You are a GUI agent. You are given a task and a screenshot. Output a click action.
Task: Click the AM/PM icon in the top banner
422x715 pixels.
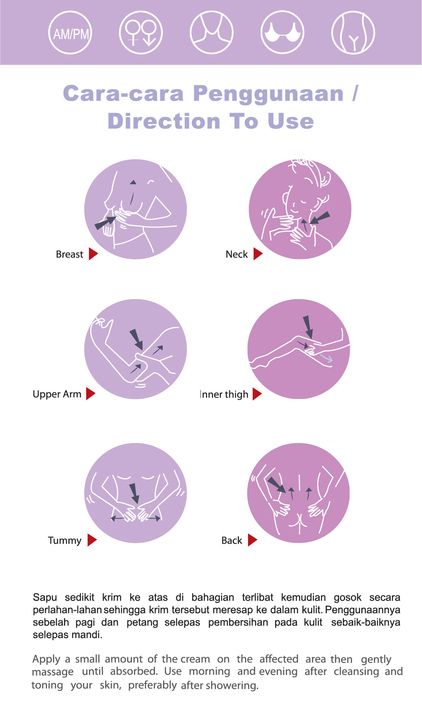70,33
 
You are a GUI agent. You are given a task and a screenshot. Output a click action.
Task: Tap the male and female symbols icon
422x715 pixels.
141,33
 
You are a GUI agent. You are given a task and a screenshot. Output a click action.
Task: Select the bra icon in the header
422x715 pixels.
282,33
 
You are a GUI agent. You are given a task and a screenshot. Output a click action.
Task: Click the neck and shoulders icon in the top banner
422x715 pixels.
212,33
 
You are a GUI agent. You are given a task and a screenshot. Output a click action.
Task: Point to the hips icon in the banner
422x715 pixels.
353,33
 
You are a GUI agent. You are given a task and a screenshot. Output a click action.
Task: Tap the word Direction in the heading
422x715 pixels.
164,121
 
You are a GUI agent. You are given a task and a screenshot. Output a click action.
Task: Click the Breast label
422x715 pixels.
69,254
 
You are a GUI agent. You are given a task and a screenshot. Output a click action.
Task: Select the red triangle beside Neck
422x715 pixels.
258,254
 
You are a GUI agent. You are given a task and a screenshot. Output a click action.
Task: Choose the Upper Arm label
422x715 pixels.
57,394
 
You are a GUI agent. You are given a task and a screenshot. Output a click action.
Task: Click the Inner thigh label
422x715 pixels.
224,394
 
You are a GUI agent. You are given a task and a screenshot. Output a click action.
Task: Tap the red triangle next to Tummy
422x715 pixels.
92,540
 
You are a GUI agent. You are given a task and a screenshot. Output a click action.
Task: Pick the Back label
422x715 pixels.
231,540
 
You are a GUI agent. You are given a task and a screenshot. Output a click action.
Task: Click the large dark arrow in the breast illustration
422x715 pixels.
105,223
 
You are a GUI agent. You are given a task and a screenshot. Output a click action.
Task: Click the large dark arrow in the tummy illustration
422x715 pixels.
134,493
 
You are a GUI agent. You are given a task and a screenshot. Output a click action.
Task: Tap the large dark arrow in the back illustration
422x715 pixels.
276,485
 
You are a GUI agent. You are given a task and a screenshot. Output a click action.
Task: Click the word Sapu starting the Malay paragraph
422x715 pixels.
45,597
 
